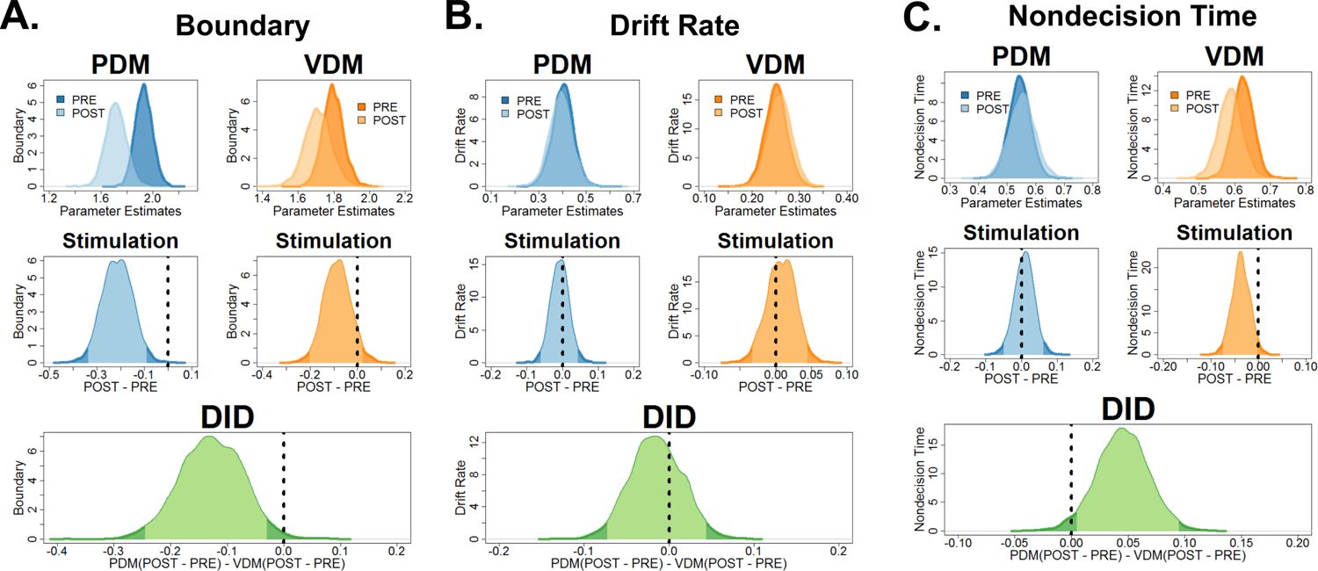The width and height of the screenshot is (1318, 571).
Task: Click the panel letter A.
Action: coord(21,19)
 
